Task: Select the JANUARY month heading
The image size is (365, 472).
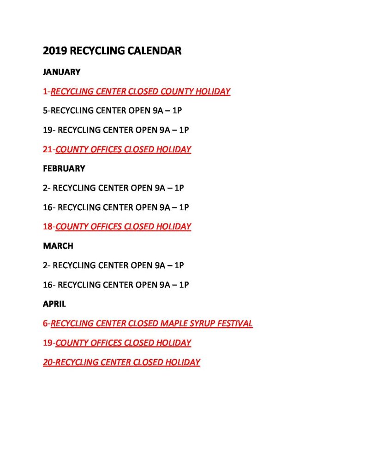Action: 62,72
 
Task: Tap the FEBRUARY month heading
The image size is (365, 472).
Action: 64,169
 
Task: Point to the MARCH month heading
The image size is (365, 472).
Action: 58,246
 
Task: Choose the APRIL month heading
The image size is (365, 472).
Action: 54,304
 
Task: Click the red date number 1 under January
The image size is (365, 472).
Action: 45,91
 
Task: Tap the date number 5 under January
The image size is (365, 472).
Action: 45,111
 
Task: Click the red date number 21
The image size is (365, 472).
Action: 48,149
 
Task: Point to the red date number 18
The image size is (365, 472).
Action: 48,227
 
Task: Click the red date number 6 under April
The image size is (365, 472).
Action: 45,324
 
